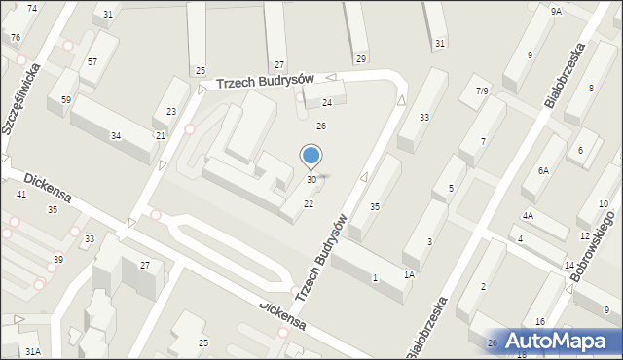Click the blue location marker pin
click(x=311, y=156)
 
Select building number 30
click(x=311, y=180)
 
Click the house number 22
click(x=309, y=203)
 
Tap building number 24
click(x=327, y=103)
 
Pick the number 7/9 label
click(x=480, y=91)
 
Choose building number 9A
click(x=556, y=11)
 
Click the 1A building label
click(x=410, y=275)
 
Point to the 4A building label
click(x=528, y=216)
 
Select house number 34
click(x=116, y=135)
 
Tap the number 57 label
click(x=92, y=62)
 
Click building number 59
click(x=66, y=100)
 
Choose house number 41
click(x=21, y=195)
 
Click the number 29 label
click(x=361, y=59)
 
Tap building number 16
click(x=539, y=322)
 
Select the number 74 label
click(x=33, y=8)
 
